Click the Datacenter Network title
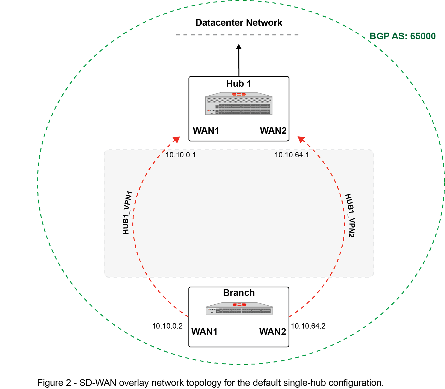pyautogui.click(x=239, y=23)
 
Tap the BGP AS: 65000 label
pyautogui.click(x=402, y=36)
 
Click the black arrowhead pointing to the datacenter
pyautogui.click(x=239, y=47)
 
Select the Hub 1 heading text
pyautogui.click(x=239, y=84)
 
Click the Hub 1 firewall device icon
pyautogui.click(x=239, y=104)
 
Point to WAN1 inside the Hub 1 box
pyautogui.click(x=206, y=131)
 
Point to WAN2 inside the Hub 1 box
pyautogui.click(x=273, y=131)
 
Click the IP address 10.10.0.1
pyautogui.click(x=181, y=155)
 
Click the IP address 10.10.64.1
pyautogui.click(x=292, y=155)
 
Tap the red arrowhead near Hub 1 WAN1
pyautogui.click(x=177, y=139)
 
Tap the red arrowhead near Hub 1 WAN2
pyautogui.click(x=301, y=139)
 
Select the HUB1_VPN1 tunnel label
pyautogui.click(x=127, y=213)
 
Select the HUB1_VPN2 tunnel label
pyautogui.click(x=350, y=216)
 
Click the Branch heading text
pyautogui.click(x=239, y=293)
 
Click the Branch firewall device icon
pyautogui.click(x=239, y=309)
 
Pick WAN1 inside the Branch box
pyautogui.click(x=204, y=332)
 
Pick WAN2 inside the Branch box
pyautogui.click(x=272, y=332)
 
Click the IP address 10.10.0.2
pyautogui.click(x=167, y=326)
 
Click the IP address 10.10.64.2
pyautogui.click(x=308, y=326)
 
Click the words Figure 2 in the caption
pyautogui.click(x=54, y=383)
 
